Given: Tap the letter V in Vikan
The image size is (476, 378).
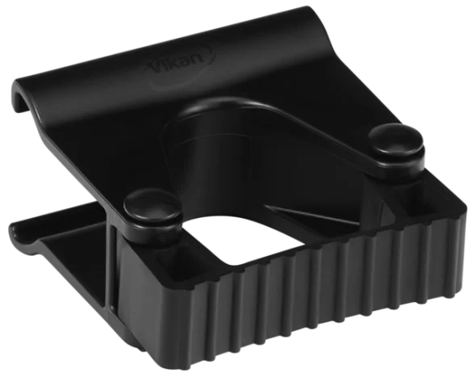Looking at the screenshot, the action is pos(157,67).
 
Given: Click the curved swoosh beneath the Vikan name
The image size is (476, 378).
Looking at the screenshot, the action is pos(182,76).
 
